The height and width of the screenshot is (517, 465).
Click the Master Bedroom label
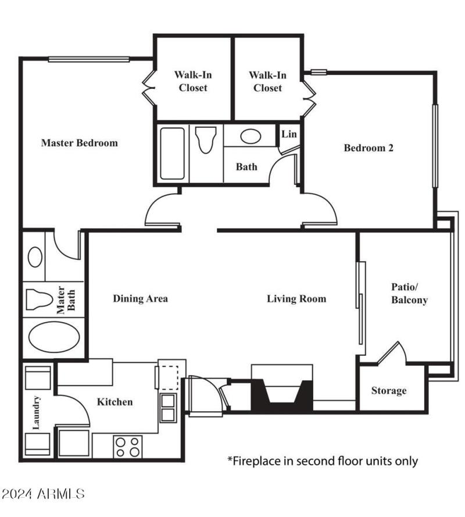click(79, 142)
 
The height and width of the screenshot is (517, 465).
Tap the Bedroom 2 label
click(369, 148)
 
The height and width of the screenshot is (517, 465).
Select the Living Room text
click(296, 299)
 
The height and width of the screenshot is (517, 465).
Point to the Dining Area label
click(140, 299)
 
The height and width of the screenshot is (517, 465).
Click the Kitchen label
click(115, 402)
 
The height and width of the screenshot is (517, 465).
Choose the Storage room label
click(389, 390)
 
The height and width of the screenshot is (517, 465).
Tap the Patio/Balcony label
click(409, 294)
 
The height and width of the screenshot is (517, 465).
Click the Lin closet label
click(289, 134)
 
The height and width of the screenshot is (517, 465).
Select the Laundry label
click(36, 413)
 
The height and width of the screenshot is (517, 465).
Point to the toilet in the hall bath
click(205, 140)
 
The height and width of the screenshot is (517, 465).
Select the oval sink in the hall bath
click(250, 137)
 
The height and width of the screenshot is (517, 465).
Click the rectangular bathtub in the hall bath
click(173, 154)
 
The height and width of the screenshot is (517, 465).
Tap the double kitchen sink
click(168, 407)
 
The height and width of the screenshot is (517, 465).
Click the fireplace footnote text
click(322, 461)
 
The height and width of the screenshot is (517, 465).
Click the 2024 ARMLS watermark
click(44, 494)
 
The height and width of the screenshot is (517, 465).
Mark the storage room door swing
click(389, 355)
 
